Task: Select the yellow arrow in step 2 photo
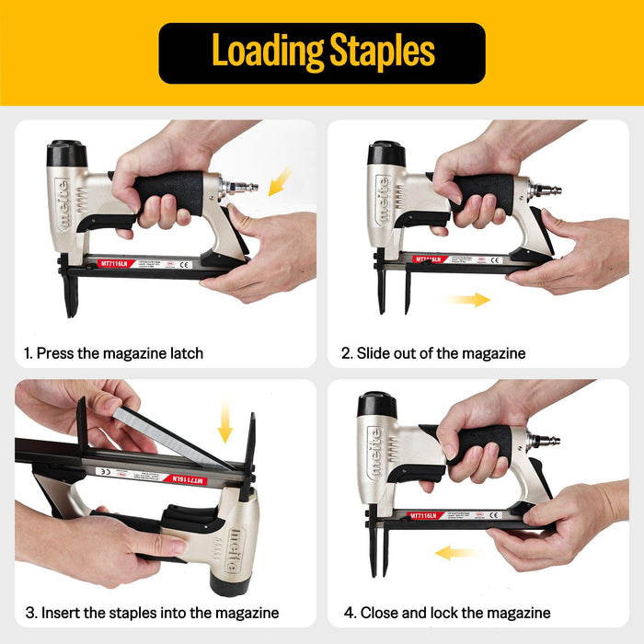click(466, 299)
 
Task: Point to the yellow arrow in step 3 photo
click(225, 422)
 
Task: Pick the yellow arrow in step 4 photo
click(456, 553)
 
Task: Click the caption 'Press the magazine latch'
click(113, 353)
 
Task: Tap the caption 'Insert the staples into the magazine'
click(152, 613)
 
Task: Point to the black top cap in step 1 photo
click(66, 153)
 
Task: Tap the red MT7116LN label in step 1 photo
click(117, 263)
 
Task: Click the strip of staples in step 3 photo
click(170, 436)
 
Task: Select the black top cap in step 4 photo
click(377, 404)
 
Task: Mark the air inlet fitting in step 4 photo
click(545, 441)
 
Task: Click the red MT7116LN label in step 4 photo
click(425, 516)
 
